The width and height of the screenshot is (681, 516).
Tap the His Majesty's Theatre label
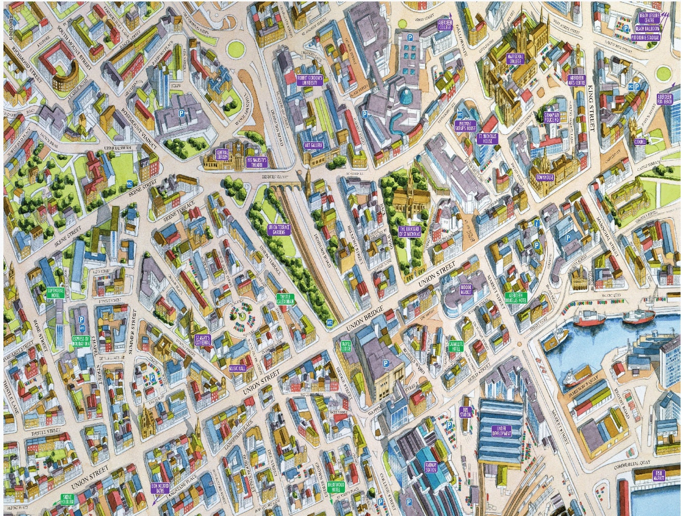(x=257, y=161)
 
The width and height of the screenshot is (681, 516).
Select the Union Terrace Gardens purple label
(x=279, y=229)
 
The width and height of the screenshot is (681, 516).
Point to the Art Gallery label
(x=313, y=146)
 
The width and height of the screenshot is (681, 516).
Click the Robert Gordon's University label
(x=310, y=81)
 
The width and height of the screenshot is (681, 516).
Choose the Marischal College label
(x=514, y=59)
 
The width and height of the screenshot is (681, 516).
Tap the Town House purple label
(x=545, y=177)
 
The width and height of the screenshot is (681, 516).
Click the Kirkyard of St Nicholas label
(x=409, y=231)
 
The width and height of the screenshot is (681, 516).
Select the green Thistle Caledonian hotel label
(x=285, y=299)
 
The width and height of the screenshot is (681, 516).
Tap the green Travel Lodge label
(x=346, y=346)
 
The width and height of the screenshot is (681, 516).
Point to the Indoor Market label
(x=466, y=289)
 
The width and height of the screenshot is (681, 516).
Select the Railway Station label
(x=431, y=466)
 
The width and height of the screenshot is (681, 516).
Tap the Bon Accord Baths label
(x=159, y=489)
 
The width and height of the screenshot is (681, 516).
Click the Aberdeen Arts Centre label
(x=577, y=80)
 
